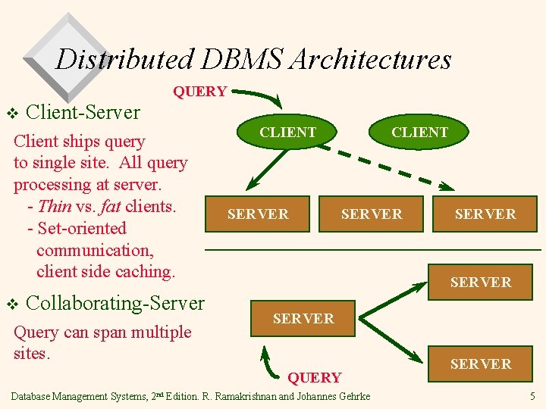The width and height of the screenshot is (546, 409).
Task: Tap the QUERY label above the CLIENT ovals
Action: point(199,92)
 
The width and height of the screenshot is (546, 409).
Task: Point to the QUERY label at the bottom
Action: point(314,377)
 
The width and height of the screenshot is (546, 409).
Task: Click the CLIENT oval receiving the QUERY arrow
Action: point(287,132)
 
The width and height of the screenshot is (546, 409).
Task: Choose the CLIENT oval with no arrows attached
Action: point(419,132)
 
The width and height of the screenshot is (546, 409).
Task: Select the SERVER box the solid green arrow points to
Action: point(258,214)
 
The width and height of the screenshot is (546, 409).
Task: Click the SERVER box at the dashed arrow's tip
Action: point(485,214)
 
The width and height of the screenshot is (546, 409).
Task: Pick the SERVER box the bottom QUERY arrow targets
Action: point(303,319)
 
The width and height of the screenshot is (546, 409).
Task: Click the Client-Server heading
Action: point(83,112)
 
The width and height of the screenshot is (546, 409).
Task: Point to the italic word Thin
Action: point(54,206)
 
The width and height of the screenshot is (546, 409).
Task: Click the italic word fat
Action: point(109,206)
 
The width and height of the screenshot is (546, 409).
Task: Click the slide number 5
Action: point(532,396)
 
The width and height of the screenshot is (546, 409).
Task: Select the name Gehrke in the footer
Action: point(350,396)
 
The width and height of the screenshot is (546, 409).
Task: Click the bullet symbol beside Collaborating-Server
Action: point(11,304)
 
